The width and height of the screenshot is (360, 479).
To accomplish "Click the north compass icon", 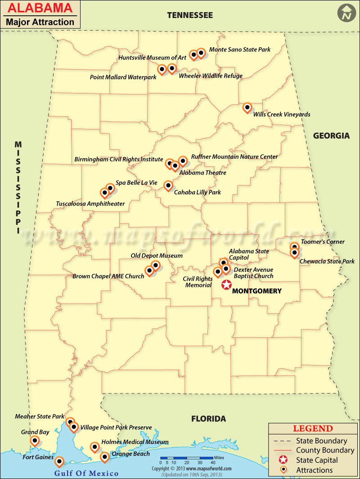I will pyautogui.click(x=346, y=13).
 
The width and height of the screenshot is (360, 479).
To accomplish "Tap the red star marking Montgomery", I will pyautogui.click(x=226, y=285).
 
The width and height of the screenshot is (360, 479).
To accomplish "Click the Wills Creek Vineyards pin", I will pyautogui.click(x=247, y=107).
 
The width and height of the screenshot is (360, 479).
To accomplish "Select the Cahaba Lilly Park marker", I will pyautogui.click(x=168, y=185).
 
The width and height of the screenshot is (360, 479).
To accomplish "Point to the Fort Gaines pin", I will pyautogui.click(x=59, y=461).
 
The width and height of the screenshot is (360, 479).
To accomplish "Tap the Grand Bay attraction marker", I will pyautogui.click(x=35, y=441).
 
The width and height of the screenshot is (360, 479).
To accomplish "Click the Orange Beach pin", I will pyautogui.click(x=104, y=457).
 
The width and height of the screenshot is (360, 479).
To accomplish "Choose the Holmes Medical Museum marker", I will pyautogui.click(x=94, y=447).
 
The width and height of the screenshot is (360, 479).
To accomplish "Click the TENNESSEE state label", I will pyautogui.click(x=190, y=15).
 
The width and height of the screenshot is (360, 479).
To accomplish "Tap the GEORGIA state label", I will pyautogui.click(x=331, y=135).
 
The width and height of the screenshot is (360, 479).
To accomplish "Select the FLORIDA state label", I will pyautogui.click(x=208, y=419).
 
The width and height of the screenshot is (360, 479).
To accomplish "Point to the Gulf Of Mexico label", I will pyautogui.click(x=86, y=473).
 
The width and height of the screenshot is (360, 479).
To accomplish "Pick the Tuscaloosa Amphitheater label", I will pyautogui.click(x=90, y=204).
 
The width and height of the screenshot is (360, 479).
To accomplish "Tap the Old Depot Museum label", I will pyautogui.click(x=157, y=255).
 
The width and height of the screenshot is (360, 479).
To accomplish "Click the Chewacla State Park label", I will pyautogui.click(x=327, y=261).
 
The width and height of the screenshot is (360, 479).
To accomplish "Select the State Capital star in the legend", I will pyautogui.click(x=283, y=460).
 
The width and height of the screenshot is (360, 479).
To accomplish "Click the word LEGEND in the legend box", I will pyautogui.click(x=313, y=429).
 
